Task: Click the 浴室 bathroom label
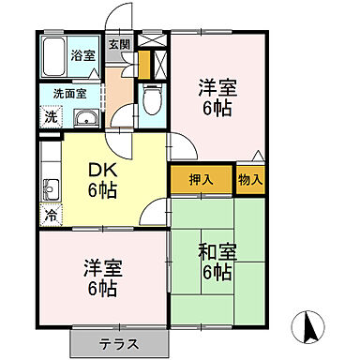pos(82,55)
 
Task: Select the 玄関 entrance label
pos(118,43)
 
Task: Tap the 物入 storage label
pos(249,178)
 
